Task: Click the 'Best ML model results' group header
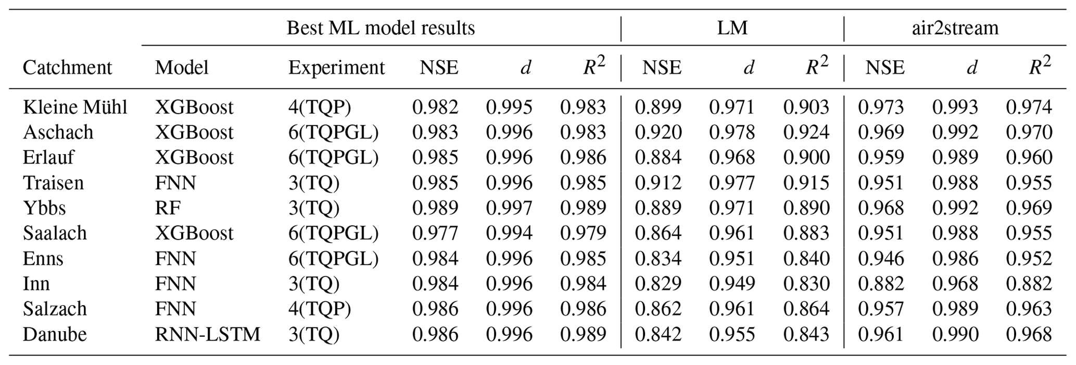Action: (381, 28)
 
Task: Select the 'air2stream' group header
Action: (955, 28)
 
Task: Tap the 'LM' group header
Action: (732, 28)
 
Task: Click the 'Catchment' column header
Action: (67, 68)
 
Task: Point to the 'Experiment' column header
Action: (336, 68)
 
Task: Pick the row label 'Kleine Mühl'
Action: (75, 107)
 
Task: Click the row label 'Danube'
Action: (55, 334)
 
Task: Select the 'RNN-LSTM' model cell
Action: (207, 334)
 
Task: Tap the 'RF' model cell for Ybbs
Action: (168, 208)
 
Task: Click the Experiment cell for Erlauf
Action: (333, 158)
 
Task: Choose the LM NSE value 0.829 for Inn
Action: (658, 284)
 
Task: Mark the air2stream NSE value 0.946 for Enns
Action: (881, 259)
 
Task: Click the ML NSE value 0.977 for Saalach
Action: (435, 233)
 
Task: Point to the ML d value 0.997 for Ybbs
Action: (509, 208)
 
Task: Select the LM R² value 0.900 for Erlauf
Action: (806, 158)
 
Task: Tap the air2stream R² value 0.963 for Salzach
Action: (1029, 309)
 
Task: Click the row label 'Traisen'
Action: (53, 183)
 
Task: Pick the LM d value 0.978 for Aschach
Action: (732, 132)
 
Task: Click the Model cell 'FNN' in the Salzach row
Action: (175, 309)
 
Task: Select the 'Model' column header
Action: (181, 68)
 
